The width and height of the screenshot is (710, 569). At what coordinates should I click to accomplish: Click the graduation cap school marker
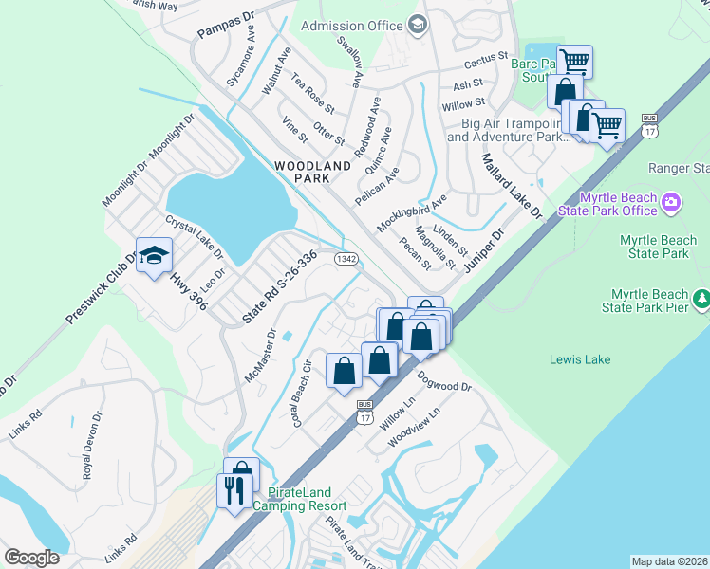click(152, 255)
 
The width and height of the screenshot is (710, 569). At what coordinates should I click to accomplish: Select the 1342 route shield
click(346, 258)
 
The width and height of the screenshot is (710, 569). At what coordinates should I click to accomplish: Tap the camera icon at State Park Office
click(672, 202)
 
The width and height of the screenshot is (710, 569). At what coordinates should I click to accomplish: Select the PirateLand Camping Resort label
click(300, 500)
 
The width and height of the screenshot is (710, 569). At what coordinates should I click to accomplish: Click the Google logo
click(32, 558)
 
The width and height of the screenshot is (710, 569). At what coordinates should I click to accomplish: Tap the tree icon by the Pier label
click(701, 300)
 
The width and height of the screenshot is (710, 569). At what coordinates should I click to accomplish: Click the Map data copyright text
click(669, 561)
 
